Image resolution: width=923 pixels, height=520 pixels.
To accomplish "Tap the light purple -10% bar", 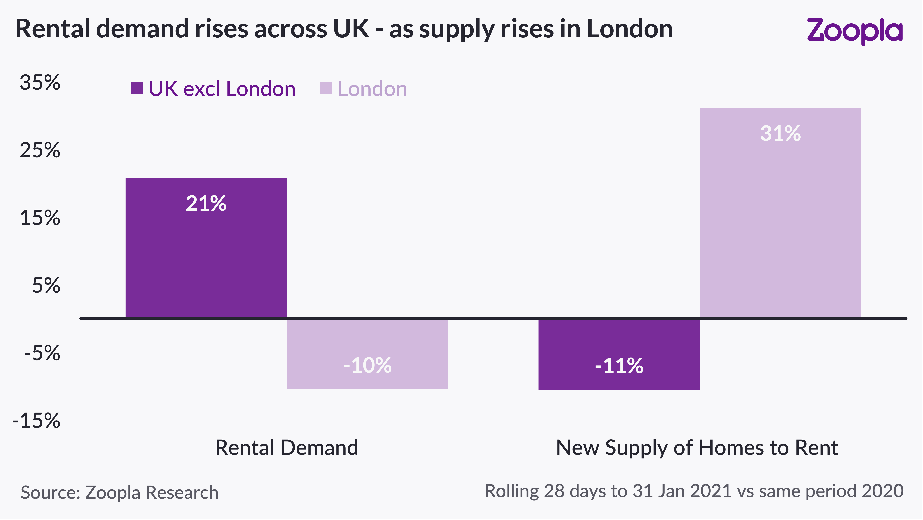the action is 367,354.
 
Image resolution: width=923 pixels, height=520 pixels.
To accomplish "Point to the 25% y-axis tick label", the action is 40,150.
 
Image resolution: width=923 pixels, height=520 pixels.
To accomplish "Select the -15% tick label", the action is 36,421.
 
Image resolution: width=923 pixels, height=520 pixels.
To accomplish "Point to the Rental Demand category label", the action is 287,448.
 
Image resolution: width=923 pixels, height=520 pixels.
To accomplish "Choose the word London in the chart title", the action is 630,29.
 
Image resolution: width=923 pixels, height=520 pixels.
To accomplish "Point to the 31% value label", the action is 780,133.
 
